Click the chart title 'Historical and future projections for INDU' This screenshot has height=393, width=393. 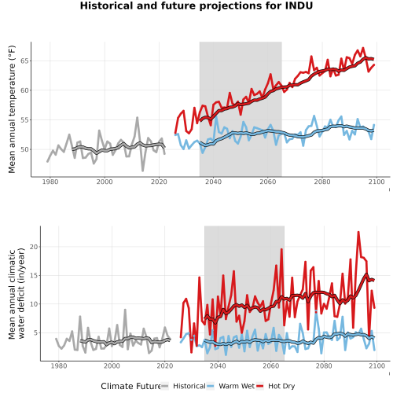[196, 6]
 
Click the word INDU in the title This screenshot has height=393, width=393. [299, 6]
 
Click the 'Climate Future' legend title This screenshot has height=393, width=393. [130, 386]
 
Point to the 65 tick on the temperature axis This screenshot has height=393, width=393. [26, 61]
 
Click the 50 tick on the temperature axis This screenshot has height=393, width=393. [26, 149]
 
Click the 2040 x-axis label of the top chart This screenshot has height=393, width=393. [213, 182]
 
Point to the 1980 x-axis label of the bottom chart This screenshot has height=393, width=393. [59, 365]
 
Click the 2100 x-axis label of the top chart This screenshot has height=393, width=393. [376, 182]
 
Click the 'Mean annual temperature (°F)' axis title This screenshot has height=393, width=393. [12, 109]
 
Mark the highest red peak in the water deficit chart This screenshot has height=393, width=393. [358, 232]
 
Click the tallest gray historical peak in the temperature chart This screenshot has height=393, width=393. [138, 117]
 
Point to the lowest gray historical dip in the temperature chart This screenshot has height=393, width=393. [143, 171]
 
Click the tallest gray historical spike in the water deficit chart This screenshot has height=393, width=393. [125, 310]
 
